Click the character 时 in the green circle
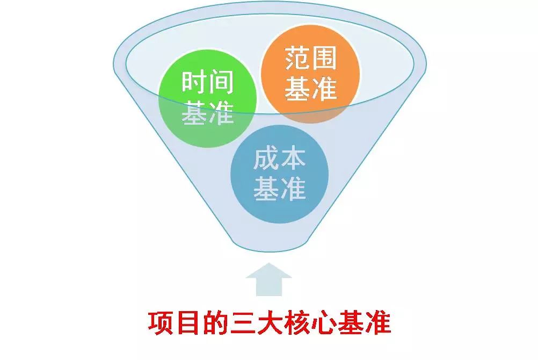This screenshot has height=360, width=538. (x=194, y=82)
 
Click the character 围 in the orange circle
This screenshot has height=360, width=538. (x=324, y=59)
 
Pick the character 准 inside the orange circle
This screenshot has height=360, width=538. (x=324, y=89)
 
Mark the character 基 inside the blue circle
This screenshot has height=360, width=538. (x=266, y=189)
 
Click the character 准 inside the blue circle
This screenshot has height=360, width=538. (x=293, y=189)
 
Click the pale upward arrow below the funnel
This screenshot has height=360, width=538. (x=269, y=279)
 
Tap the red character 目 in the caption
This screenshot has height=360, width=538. (x=188, y=323)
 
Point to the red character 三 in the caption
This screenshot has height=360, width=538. (x=242, y=323)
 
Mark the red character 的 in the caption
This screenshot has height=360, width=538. (x=215, y=323)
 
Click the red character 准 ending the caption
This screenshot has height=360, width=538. (x=377, y=323)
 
